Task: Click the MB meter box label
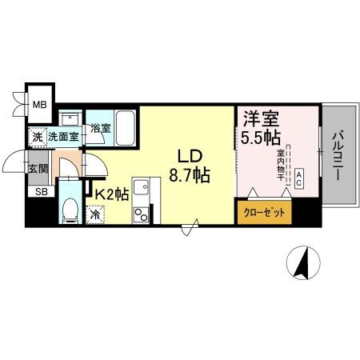coord(38,102)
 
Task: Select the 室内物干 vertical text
coord(281,164)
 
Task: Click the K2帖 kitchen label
coord(112,194)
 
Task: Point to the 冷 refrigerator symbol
coord(95,214)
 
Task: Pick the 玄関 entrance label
coord(38,168)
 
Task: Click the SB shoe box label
coord(38,191)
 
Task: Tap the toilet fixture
coord(70,212)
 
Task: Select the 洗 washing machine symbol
coord(37,137)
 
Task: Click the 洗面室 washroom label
coord(63,137)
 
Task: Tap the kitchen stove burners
coord(141,214)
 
